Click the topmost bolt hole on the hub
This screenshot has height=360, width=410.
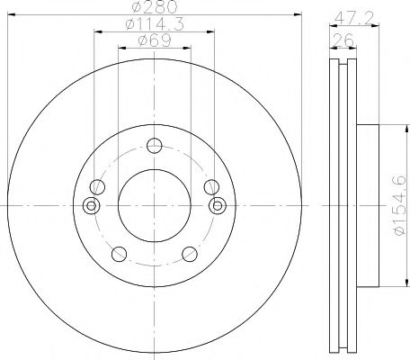(x=154, y=146)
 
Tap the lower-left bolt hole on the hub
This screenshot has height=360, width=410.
(x=118, y=253)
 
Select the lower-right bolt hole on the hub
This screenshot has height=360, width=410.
(x=189, y=253)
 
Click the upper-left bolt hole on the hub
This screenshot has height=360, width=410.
(x=97, y=186)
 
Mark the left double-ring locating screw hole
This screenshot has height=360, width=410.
(x=90, y=207)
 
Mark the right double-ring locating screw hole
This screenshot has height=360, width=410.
(x=217, y=207)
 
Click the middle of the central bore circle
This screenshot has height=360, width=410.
(x=154, y=205)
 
